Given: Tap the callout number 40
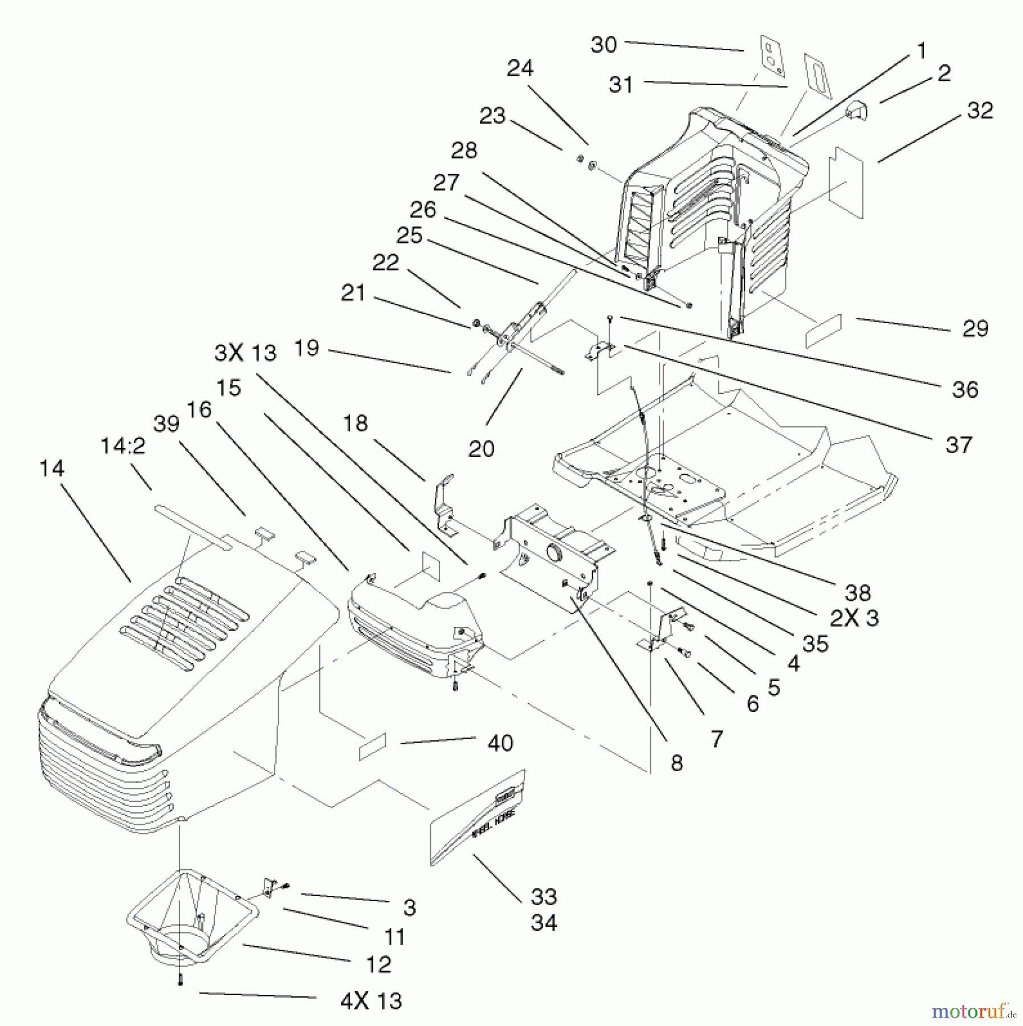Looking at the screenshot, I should pyautogui.click(x=500, y=743).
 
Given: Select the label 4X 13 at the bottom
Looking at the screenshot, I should pyautogui.click(x=370, y=1001).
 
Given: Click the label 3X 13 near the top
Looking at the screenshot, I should pyautogui.click(x=245, y=353).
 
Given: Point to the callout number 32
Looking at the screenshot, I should pyautogui.click(x=979, y=110).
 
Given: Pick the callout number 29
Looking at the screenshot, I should pyautogui.click(x=975, y=328).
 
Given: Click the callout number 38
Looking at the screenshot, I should pyautogui.click(x=857, y=592).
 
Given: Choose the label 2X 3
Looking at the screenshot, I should pyautogui.click(x=854, y=617).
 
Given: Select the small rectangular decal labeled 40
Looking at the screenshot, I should pyautogui.click(x=372, y=747).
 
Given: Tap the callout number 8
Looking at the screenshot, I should pyautogui.click(x=676, y=763).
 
